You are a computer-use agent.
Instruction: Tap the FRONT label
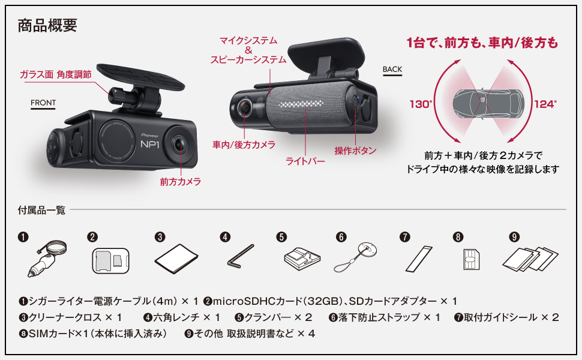(x=43, y=103)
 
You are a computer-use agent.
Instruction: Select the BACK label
(x=392, y=69)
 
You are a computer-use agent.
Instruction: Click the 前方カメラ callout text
(x=180, y=181)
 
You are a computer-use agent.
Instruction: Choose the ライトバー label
(x=306, y=162)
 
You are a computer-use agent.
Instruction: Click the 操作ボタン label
(x=355, y=151)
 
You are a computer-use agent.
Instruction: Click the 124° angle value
(x=545, y=104)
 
